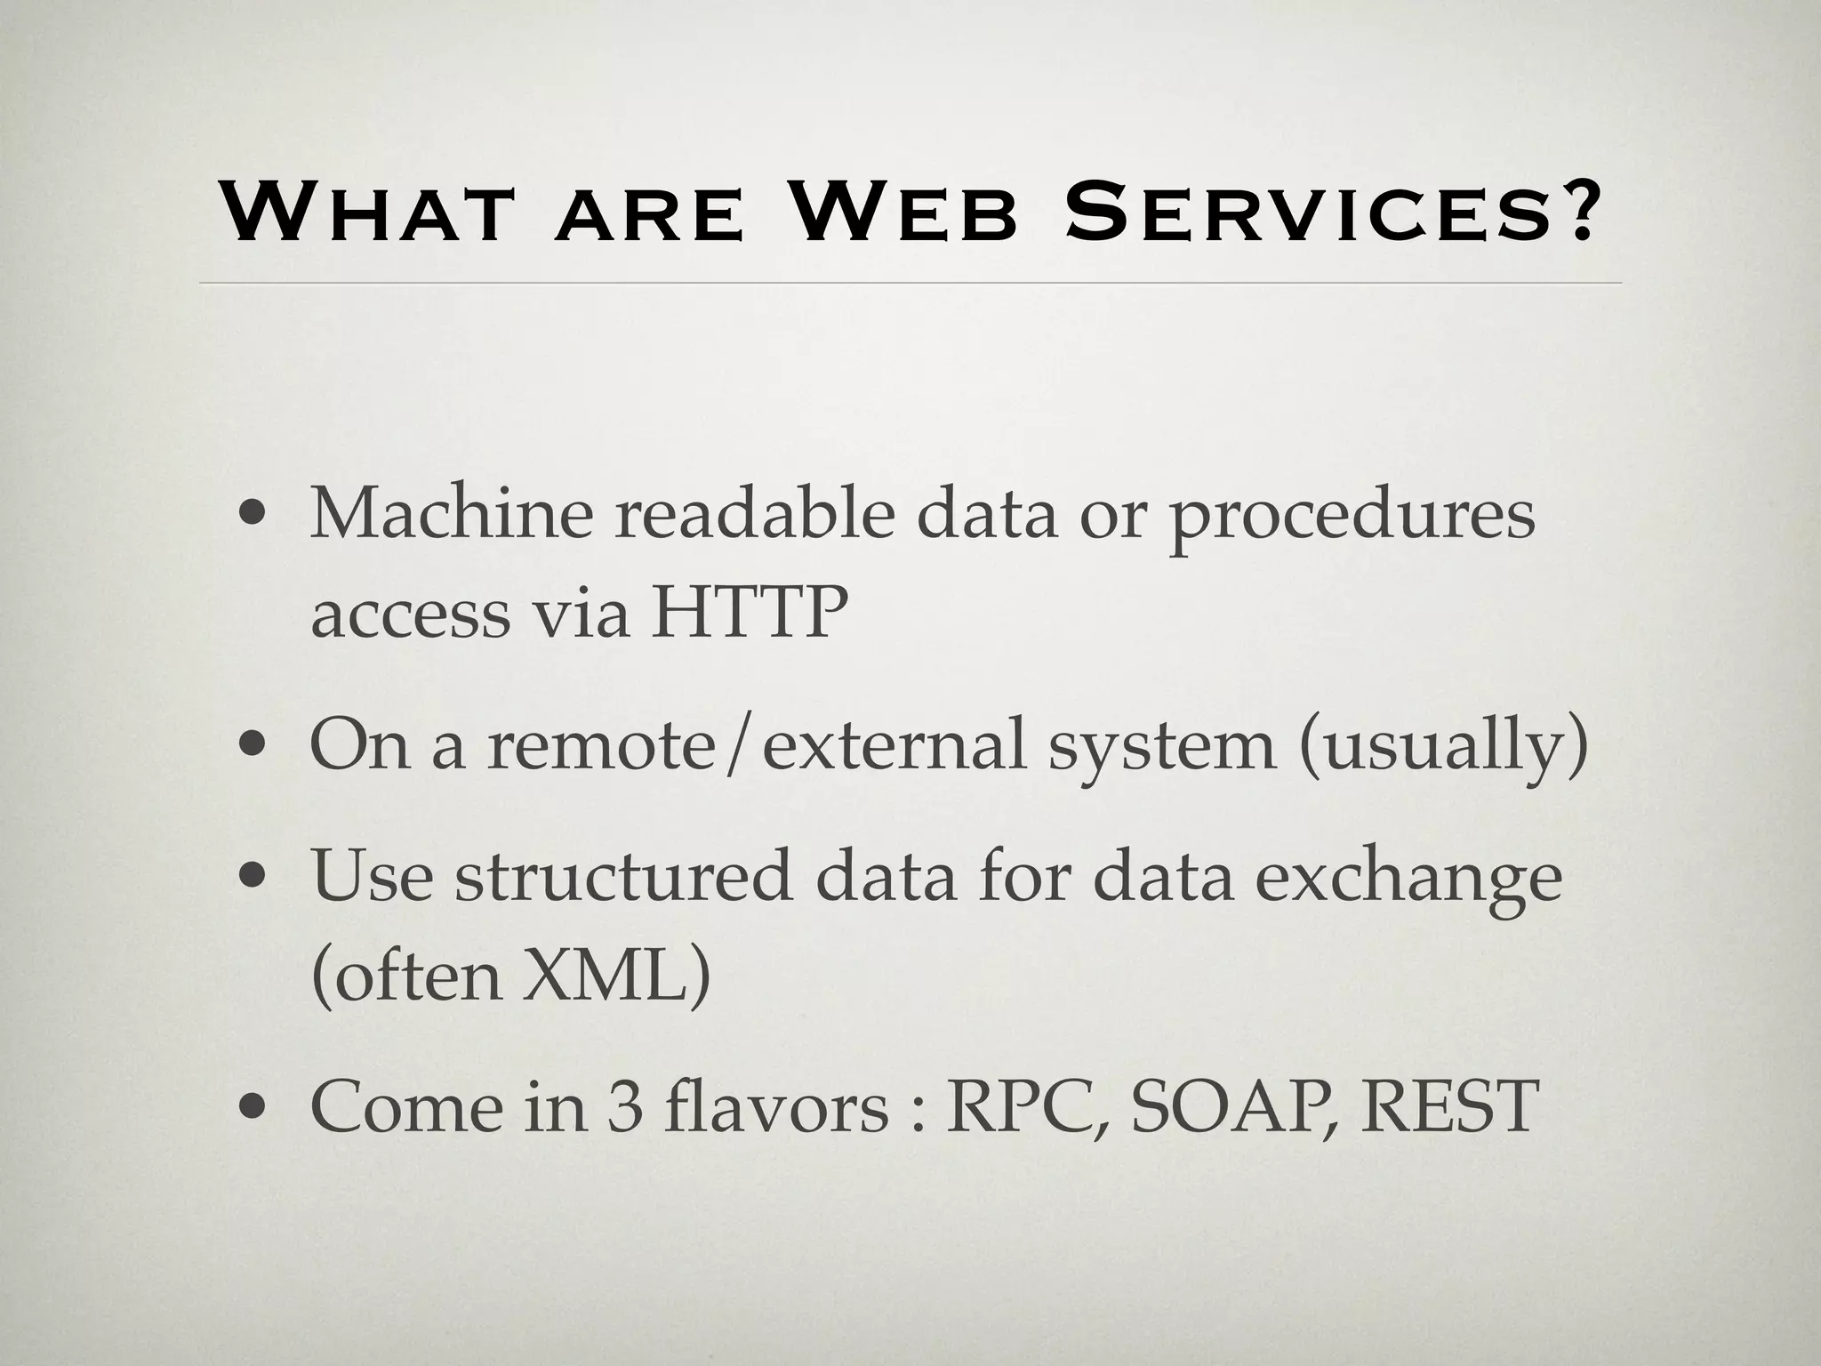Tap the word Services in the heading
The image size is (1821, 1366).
point(1298,213)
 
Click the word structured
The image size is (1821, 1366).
point(623,876)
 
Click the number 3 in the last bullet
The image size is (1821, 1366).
point(626,1106)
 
